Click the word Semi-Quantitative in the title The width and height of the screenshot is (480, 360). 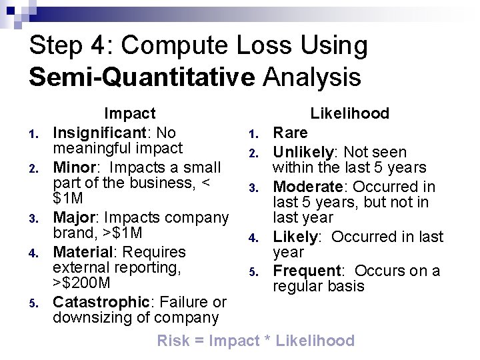(x=141, y=77)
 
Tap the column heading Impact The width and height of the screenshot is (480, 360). (x=129, y=114)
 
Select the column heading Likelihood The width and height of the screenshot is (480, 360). (x=349, y=113)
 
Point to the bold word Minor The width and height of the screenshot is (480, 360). (x=75, y=166)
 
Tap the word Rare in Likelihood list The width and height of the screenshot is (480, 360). (x=290, y=133)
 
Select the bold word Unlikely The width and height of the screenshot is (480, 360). (x=302, y=152)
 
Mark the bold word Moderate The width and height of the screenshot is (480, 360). (x=308, y=187)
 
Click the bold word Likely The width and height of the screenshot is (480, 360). (x=295, y=237)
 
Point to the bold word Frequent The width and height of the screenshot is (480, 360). (x=307, y=271)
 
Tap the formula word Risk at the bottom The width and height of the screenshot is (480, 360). (x=172, y=341)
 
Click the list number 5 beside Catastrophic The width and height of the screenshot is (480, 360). (x=33, y=304)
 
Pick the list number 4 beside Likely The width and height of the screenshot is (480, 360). (x=253, y=238)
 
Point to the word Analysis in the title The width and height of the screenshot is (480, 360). (x=312, y=77)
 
